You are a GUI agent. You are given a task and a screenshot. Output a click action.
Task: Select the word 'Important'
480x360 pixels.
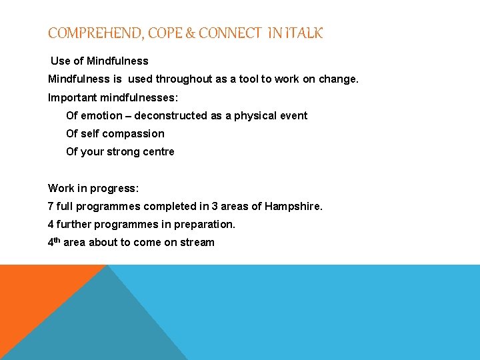[73, 97]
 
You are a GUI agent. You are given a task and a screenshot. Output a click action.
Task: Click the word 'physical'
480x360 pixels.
[255, 115]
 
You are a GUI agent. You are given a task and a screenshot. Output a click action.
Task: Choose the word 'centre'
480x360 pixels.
[157, 151]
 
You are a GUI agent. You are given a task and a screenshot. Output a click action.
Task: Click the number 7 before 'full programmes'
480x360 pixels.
[51, 207]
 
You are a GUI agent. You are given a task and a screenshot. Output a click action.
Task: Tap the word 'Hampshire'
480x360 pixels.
[293, 207]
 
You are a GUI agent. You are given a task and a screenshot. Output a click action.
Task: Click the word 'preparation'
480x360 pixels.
[206, 225]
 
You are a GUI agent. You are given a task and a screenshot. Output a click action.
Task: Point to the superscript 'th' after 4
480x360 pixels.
[57, 240]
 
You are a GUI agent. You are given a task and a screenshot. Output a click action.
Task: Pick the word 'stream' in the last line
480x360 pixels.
[198, 243]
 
